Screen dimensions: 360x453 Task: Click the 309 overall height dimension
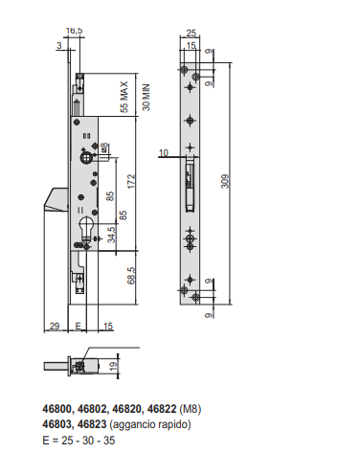(225, 181)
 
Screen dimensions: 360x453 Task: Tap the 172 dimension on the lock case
(131, 181)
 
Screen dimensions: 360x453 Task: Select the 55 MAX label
(124, 97)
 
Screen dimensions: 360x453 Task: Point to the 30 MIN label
(146, 98)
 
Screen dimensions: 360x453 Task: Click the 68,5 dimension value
(131, 276)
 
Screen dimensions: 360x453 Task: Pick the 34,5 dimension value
(111, 235)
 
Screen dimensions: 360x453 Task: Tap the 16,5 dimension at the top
(74, 31)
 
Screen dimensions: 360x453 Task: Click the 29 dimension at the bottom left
(55, 326)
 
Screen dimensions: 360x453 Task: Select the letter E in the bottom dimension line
(79, 326)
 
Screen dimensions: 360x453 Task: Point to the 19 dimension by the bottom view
(113, 366)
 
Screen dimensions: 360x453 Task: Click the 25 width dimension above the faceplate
(191, 33)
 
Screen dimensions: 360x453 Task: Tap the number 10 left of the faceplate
(164, 153)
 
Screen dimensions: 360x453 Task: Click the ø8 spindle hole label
(104, 148)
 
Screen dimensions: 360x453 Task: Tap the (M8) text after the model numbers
(191, 409)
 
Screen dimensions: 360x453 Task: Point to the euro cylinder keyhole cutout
(86, 228)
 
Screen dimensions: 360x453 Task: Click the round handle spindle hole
(85, 158)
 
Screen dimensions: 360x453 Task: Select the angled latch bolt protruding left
(56, 199)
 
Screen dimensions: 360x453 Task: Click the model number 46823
(92, 424)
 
